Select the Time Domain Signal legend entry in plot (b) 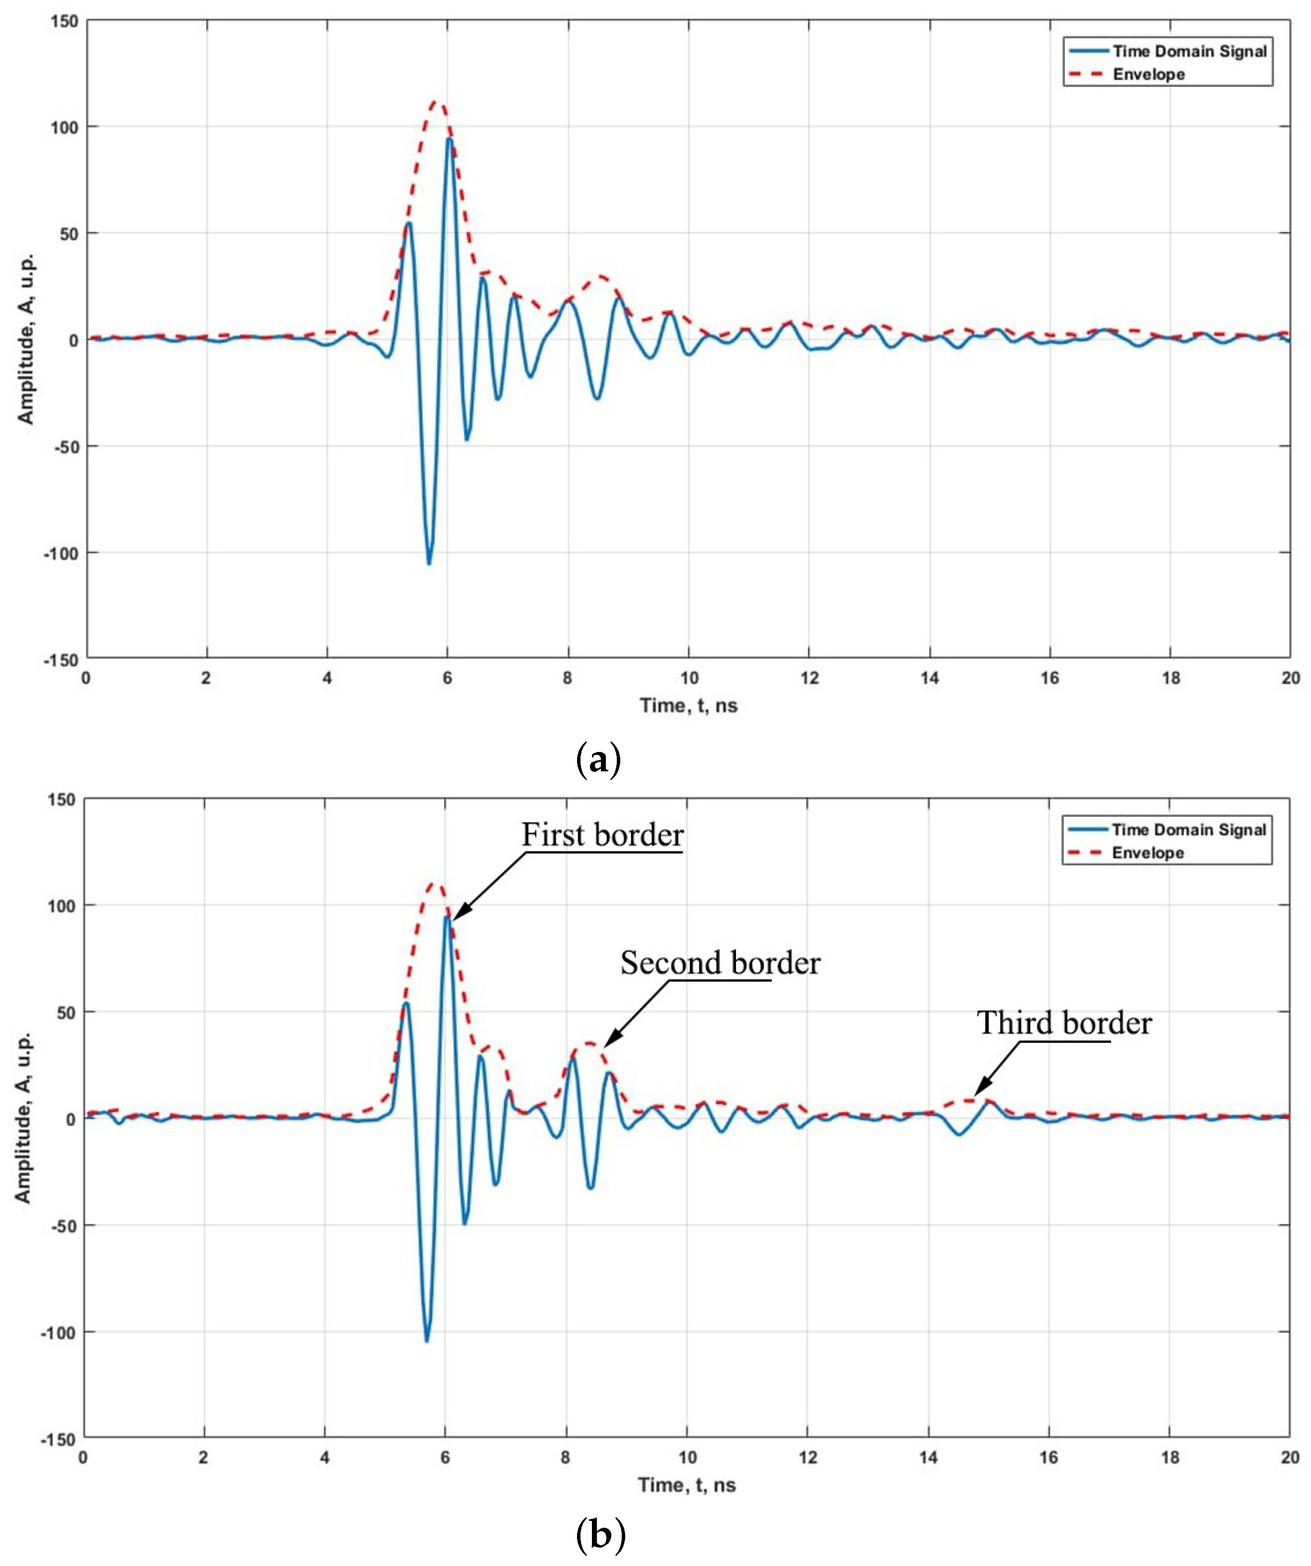coord(1188,829)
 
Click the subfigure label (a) coord(599,760)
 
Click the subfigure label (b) coord(600,1536)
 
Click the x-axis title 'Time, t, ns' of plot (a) coord(688,705)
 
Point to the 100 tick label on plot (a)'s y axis coord(64,127)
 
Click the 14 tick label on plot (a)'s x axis coord(929,678)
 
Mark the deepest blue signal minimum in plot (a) coord(429,563)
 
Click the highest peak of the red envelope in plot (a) coord(436,102)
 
